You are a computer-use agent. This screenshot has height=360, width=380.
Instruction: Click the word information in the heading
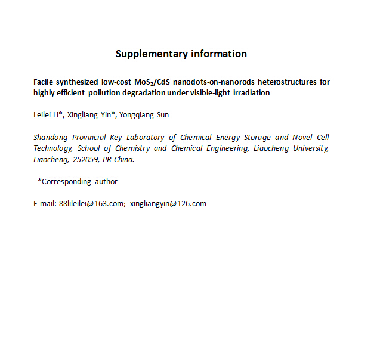point(219,54)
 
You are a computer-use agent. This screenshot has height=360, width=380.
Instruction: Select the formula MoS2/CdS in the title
point(150,82)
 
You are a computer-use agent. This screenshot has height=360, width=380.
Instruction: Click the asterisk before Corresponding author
point(39,181)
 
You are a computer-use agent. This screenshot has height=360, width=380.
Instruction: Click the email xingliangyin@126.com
point(168,204)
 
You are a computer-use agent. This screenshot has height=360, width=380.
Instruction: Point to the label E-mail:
point(45,204)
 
